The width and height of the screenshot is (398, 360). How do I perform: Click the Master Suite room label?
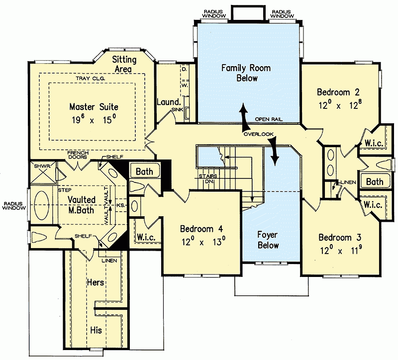(94, 106)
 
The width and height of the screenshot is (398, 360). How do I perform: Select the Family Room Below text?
(239, 73)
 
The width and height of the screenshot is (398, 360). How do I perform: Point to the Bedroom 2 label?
(338, 92)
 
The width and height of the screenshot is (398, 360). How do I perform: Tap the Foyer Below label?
(268, 239)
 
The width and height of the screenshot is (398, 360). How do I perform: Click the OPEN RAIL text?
(270, 119)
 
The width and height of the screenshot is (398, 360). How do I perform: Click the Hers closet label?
(95, 282)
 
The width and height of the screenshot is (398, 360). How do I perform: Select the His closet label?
(96, 329)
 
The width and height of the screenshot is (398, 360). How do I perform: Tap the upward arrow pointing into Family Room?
(243, 112)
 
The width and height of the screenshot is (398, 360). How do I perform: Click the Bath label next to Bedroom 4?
(144, 172)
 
